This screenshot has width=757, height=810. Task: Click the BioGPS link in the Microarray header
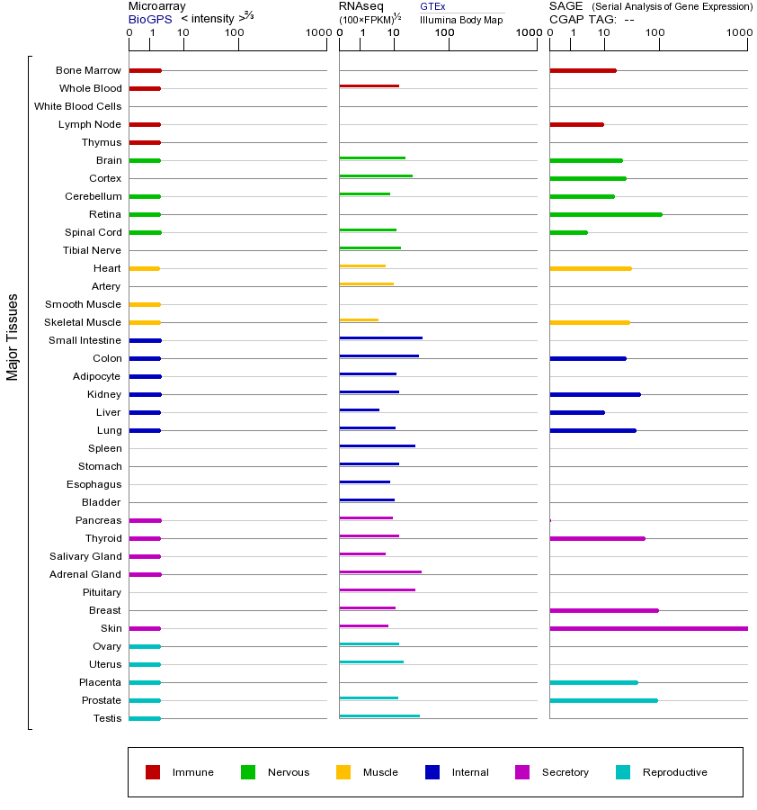pos(149,18)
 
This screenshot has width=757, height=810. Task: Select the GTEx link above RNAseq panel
pos(432,6)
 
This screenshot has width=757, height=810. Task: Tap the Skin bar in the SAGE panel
pos(647,628)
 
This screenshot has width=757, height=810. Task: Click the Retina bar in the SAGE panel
pos(605,214)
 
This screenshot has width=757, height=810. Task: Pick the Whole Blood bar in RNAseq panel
pos(369,85)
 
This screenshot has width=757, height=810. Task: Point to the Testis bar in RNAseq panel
pos(378,715)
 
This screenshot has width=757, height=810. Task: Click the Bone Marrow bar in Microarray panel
pos(145,70)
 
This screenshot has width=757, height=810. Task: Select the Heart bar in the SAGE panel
pos(590,268)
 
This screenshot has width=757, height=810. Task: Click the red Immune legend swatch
pos(153,772)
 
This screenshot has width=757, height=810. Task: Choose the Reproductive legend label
pos(674,772)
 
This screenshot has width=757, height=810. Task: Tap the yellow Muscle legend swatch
pos(343,772)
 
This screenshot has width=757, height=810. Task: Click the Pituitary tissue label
pos(102,592)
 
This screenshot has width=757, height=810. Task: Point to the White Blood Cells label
pos(77,106)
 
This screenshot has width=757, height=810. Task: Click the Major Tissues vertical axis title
pos(13,336)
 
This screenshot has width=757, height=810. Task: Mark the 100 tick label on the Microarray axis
pos(235,33)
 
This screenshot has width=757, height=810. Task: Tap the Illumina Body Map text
pos(461,20)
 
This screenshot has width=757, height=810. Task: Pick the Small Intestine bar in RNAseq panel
pos(380,337)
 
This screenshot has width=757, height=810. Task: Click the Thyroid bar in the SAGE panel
pos(597,538)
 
